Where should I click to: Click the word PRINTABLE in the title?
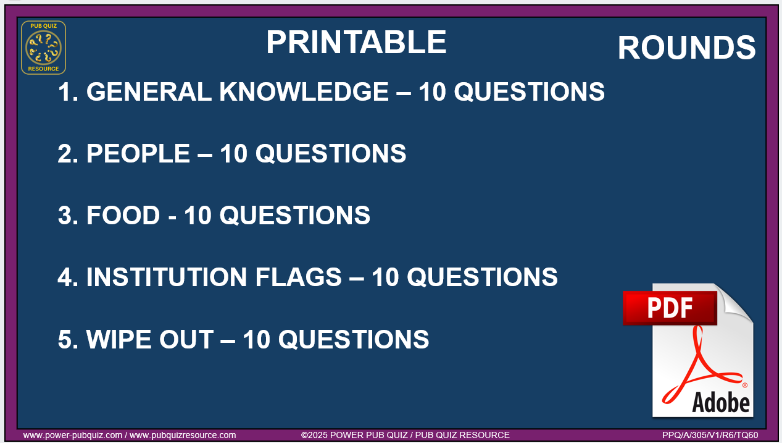click(x=357, y=42)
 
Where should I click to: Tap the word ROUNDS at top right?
click(x=687, y=48)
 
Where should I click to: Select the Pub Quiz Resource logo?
click(x=43, y=48)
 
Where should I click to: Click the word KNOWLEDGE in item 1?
click(x=304, y=92)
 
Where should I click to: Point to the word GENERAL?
click(x=149, y=92)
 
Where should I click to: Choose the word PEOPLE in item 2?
click(x=138, y=153)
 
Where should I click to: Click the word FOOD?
click(x=123, y=215)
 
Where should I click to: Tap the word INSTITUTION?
click(x=167, y=277)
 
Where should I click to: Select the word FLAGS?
click(x=298, y=277)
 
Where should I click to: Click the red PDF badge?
click(x=670, y=308)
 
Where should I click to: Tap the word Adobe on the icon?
click(x=720, y=402)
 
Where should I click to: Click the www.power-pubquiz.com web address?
click(x=73, y=436)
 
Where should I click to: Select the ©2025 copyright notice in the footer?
click(x=406, y=436)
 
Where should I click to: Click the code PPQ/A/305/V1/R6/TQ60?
click(x=710, y=436)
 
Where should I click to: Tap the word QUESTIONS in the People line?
click(x=331, y=153)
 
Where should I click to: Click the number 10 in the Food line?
click(x=198, y=215)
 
